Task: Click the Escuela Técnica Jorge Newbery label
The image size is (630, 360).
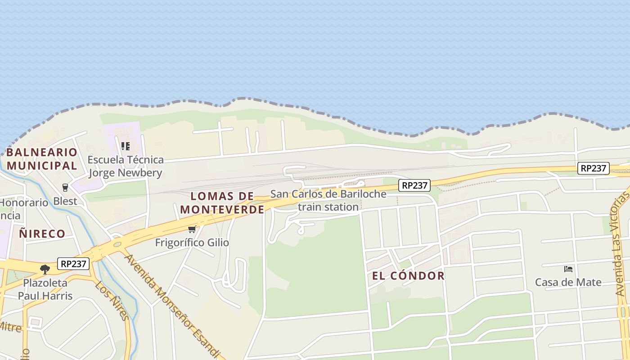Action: click(126, 166)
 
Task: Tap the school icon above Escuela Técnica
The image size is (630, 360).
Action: click(126, 146)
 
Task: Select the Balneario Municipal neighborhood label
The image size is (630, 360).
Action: click(42, 159)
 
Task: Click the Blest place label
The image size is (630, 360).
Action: click(65, 201)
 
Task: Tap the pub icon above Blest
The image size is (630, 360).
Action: click(65, 187)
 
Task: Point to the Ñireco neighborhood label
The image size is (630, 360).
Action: click(42, 234)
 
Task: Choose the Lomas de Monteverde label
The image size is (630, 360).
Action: click(222, 203)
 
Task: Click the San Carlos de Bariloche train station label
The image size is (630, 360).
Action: click(328, 200)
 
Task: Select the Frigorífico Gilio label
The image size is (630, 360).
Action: click(192, 243)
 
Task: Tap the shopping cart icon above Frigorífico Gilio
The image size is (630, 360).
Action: click(192, 229)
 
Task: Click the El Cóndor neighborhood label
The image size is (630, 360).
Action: click(408, 276)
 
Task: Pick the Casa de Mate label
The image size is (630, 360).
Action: click(568, 282)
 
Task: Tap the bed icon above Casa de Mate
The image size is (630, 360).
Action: click(568, 269)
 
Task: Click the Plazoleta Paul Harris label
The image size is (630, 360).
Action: click(45, 289)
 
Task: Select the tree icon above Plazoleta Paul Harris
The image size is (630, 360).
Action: click(45, 270)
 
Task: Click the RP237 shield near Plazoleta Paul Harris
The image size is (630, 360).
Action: click(73, 264)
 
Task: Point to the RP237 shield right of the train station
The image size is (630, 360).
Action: click(414, 185)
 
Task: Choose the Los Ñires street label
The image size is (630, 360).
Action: click(112, 301)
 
